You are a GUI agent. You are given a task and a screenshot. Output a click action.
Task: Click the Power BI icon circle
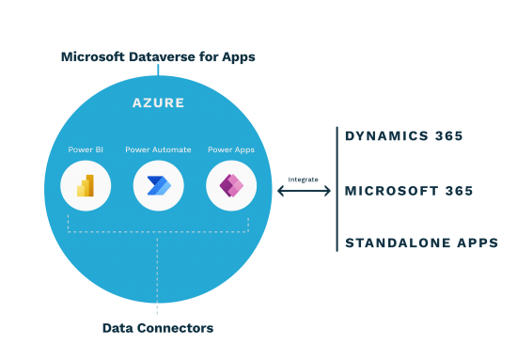pos(86,185)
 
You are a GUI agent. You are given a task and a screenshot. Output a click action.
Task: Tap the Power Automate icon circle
pos(158,185)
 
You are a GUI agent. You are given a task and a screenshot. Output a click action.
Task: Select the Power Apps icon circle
pos(231,185)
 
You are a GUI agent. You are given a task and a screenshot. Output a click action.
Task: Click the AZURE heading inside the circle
pos(158,102)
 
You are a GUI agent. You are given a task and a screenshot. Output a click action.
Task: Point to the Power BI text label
pos(86,149)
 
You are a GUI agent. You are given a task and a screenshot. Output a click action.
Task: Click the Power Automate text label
pos(158,149)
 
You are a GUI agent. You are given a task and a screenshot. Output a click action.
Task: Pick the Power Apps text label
pos(231,149)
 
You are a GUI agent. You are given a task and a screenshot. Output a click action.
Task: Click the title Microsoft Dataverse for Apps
pos(158,57)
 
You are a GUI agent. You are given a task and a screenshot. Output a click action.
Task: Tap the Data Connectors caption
pos(158,328)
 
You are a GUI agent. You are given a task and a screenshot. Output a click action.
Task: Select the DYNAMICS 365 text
pos(403,136)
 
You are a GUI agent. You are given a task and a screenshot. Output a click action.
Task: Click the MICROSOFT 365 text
pos(408,191)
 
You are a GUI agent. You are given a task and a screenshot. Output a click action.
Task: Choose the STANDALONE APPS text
pos(421,243)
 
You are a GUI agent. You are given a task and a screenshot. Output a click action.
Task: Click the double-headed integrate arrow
pos(304,191)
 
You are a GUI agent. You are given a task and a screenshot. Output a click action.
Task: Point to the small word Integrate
pos(304,179)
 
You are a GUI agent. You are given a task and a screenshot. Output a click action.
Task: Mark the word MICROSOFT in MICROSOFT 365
pos(389,191)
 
